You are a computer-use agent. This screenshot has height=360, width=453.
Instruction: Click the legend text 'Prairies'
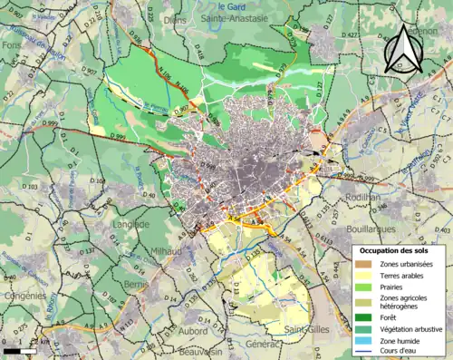point(393,287)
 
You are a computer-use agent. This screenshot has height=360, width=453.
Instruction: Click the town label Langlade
point(130,223)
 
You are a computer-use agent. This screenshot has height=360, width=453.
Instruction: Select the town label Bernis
point(136,284)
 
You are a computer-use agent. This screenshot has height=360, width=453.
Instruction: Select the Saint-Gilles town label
point(306,328)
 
